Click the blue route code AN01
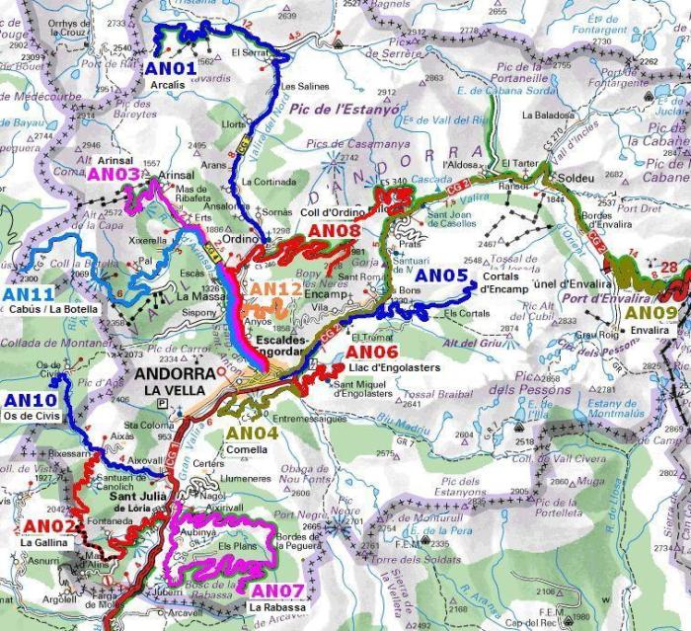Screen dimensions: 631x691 point(172,68)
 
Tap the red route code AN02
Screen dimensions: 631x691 point(43,525)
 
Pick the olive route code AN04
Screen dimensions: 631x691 point(253,432)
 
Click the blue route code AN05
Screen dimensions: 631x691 point(441,276)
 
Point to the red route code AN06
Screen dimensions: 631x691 point(372,353)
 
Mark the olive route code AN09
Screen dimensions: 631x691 point(652,313)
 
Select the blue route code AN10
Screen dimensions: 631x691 point(31,400)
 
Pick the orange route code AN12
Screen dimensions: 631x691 point(275,288)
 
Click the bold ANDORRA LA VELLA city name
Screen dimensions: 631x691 point(173,382)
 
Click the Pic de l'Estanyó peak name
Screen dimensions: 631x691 point(350,111)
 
